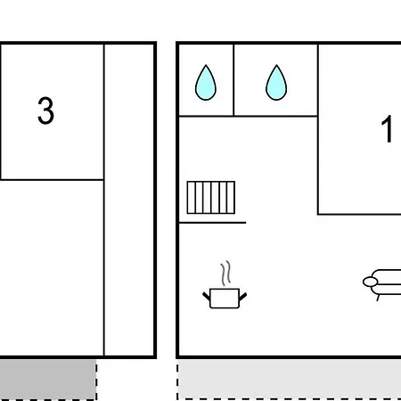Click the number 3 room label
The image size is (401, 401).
(45, 110)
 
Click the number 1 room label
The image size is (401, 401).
(387, 129)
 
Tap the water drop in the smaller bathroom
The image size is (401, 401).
(206, 83)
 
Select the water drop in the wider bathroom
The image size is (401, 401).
(276, 83)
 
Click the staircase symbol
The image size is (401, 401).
(211, 197)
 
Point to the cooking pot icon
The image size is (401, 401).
(225, 298)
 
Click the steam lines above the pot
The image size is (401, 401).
(225, 274)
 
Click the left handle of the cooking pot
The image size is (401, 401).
(207, 296)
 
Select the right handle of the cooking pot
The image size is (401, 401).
(243, 297)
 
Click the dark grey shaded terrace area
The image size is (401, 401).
(47, 379)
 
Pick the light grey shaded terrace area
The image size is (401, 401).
(290, 379)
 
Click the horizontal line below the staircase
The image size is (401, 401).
(212, 222)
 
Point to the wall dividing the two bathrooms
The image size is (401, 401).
(233, 80)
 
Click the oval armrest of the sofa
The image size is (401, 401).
(370, 282)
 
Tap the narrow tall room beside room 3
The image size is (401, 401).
(129, 200)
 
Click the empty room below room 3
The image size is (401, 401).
(52, 267)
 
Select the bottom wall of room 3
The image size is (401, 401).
(52, 179)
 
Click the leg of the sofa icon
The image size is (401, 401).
(378, 298)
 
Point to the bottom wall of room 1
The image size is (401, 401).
(359, 214)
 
